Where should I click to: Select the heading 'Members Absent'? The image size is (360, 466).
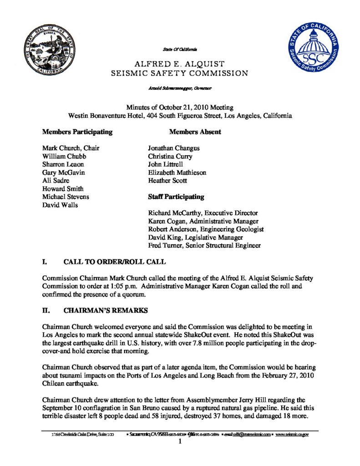(195, 132)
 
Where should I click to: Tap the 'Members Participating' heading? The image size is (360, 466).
(77, 132)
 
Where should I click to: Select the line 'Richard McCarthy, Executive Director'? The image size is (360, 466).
(203, 213)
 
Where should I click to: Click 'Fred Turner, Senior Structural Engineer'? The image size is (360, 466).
(204, 246)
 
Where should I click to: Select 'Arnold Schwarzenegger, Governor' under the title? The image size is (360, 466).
(181, 86)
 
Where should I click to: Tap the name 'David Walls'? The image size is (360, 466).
(60, 205)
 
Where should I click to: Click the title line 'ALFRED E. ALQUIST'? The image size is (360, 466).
(180, 63)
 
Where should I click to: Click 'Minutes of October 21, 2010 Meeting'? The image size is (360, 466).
(180, 107)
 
